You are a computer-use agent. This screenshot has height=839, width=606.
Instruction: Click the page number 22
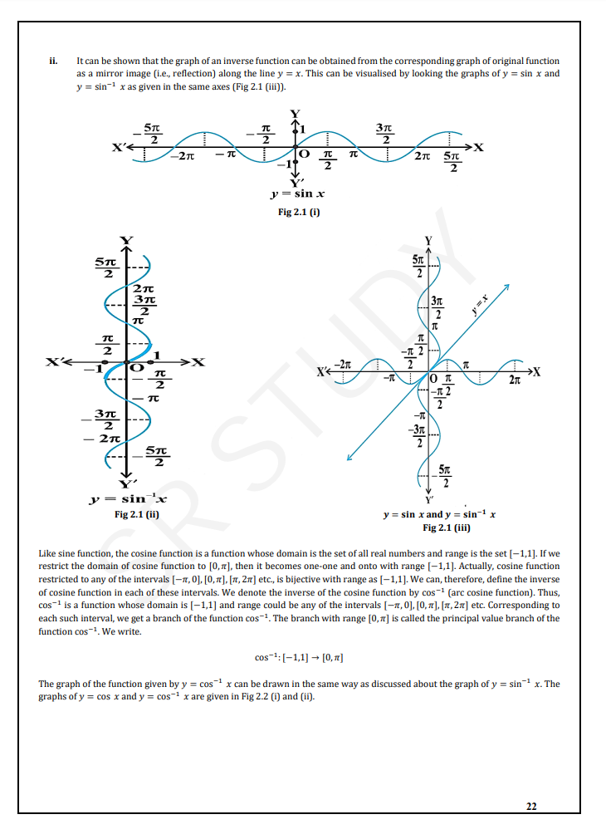(x=531, y=806)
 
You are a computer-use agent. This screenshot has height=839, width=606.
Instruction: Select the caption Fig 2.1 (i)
(x=299, y=212)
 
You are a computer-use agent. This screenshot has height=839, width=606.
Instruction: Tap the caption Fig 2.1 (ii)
(x=137, y=514)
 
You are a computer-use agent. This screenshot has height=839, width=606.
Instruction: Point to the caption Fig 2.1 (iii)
(x=447, y=527)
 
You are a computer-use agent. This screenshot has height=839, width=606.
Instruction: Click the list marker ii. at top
(x=53, y=61)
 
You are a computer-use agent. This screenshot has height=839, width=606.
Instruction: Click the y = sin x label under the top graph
(x=298, y=194)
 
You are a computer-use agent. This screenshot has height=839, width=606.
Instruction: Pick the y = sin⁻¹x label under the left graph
(x=129, y=498)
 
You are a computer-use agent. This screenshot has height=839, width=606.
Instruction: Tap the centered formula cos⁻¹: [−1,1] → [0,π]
(x=299, y=657)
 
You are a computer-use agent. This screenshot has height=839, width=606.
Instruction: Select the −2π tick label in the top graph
(x=183, y=156)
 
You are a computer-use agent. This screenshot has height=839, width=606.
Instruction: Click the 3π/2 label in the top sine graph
(x=384, y=134)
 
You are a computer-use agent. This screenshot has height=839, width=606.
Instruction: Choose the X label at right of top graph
(x=478, y=147)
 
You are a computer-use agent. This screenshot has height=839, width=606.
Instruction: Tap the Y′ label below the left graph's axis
(x=128, y=484)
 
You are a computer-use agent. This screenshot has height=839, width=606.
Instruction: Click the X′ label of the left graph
(x=53, y=362)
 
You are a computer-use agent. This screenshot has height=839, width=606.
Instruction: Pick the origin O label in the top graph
(x=304, y=155)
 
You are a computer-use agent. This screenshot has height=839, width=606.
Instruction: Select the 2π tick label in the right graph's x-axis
(x=515, y=380)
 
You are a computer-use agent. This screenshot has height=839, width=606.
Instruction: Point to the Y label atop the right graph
(x=428, y=241)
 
